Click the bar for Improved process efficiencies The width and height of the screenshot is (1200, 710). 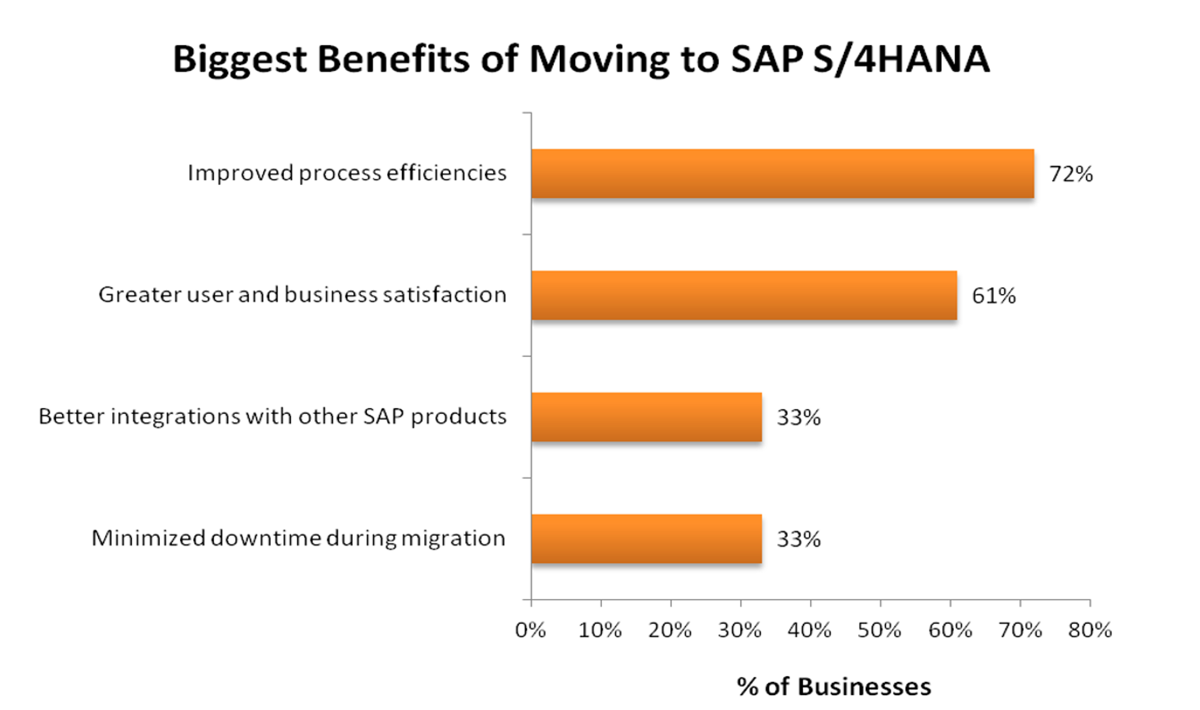point(782,173)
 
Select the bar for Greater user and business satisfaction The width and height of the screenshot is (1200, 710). point(744,295)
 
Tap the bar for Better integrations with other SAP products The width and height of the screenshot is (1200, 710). point(646,417)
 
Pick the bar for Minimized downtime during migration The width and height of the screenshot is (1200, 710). point(646,539)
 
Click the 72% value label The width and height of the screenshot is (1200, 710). point(1071,174)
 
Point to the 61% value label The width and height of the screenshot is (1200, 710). point(993,296)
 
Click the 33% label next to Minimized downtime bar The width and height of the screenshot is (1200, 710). point(798,539)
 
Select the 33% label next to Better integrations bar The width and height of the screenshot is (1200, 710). point(798,417)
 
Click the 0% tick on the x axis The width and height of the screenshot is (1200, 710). point(530,631)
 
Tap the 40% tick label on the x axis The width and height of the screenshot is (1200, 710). point(809,631)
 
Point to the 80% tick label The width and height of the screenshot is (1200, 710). point(1090,631)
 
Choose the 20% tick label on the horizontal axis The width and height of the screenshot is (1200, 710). point(670,631)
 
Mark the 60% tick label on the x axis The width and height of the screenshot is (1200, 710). point(950,631)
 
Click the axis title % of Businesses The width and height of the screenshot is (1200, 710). point(834,687)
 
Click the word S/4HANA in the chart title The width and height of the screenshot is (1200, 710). point(901,59)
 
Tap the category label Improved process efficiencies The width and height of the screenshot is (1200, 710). point(347,173)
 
